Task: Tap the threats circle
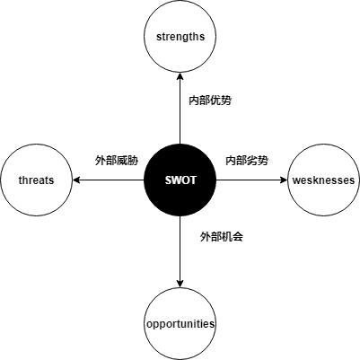click(x=37, y=180)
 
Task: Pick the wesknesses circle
click(x=323, y=180)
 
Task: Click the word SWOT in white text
click(x=180, y=180)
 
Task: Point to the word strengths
click(x=180, y=37)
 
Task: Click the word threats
click(x=37, y=180)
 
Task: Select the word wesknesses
click(x=323, y=180)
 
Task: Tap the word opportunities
click(x=180, y=323)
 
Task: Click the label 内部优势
click(x=209, y=100)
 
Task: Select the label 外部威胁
click(x=117, y=161)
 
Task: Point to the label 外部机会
click(x=222, y=237)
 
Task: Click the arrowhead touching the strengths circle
click(x=180, y=77)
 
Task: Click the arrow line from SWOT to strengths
click(x=180, y=112)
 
